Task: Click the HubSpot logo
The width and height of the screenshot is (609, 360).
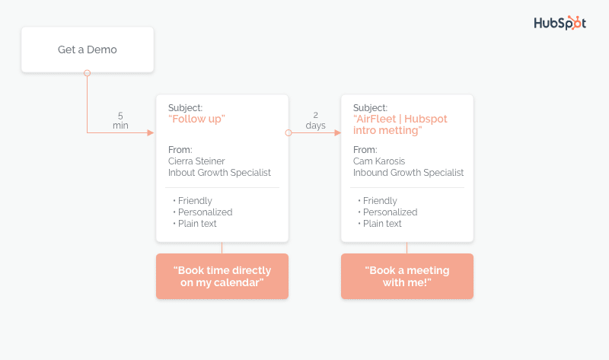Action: tap(560, 23)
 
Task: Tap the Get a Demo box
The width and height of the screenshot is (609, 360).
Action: tap(88, 49)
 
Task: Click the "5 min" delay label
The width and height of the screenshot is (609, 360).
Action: tap(120, 121)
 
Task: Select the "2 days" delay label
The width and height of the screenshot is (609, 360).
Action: tap(315, 120)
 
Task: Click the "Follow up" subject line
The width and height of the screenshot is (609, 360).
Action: tap(196, 119)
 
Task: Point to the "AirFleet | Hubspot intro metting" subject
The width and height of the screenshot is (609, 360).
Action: tap(400, 124)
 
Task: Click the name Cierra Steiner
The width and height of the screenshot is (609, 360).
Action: tap(196, 161)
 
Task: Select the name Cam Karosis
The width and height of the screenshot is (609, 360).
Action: tap(379, 161)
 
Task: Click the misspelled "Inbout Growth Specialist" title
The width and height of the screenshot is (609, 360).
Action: tap(219, 173)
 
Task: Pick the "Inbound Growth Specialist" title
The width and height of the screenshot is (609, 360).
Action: tap(408, 173)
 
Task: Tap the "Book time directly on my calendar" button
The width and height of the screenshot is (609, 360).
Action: tap(222, 276)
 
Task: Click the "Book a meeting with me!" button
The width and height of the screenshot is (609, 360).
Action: tap(407, 276)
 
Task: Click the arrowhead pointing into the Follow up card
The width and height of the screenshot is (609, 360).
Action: tap(151, 133)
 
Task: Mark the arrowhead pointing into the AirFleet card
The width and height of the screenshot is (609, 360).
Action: tap(337, 133)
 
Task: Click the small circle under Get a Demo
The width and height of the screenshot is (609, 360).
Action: tap(88, 73)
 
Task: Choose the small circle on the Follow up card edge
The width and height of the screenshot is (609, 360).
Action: tap(289, 133)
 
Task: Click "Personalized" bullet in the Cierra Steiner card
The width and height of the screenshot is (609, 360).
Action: tap(205, 212)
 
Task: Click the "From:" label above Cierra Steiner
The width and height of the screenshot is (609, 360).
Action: tap(180, 150)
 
